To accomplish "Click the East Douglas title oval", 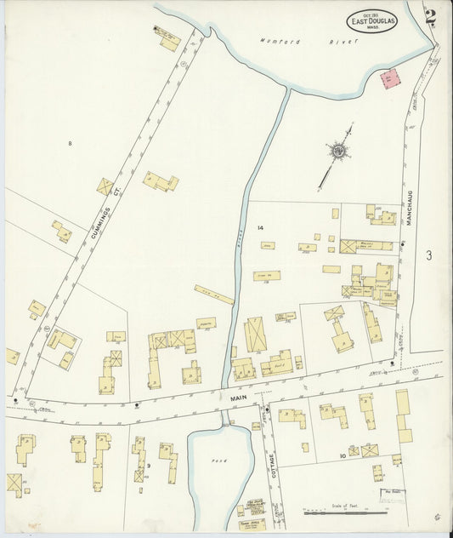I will pyautogui.click(x=371, y=20).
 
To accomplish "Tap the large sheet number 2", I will pyautogui.click(x=432, y=16).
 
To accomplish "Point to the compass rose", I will pyautogui.click(x=339, y=152).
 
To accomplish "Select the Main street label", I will pyautogui.click(x=237, y=397).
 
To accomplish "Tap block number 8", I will pyautogui.click(x=70, y=143).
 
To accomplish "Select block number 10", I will pyautogui.click(x=343, y=456).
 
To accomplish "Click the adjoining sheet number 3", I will pyautogui.click(x=429, y=255).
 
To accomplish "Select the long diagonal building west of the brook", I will pyautogui.click(x=213, y=295).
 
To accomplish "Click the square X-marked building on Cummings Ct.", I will pyautogui.click(x=105, y=186).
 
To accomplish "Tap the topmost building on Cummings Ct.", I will pyautogui.click(x=167, y=39).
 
